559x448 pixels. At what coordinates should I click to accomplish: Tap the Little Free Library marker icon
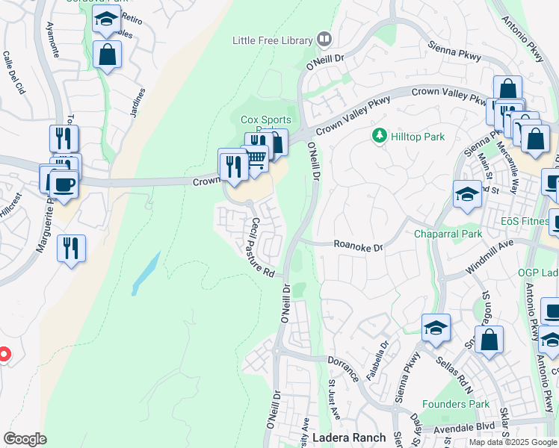324,38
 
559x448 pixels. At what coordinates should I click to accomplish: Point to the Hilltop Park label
419,137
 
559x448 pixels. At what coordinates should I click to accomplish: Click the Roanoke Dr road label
358,246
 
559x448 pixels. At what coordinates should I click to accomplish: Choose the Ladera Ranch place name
349,438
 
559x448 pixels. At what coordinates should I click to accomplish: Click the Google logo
25,439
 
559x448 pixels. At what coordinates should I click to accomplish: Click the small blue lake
146,273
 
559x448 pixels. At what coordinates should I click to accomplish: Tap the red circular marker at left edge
3,353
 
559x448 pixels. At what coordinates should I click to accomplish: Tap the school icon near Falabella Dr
436,329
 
